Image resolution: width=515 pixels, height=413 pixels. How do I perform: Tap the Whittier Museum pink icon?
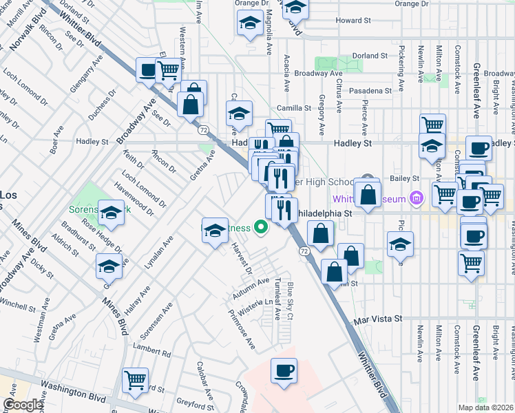pyautogui.click(x=415, y=199)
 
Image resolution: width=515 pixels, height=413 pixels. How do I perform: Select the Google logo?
pyautogui.click(x=23, y=405)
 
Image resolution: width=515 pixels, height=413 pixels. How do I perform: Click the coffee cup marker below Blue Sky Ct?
pyautogui.click(x=284, y=372)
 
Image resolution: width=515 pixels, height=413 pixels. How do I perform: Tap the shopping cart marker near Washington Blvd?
pyautogui.click(x=135, y=379)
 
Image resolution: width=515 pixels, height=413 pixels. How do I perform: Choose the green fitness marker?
pyautogui.click(x=260, y=226)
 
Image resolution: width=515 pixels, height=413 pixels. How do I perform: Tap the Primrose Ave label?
pyautogui.click(x=242, y=330)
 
